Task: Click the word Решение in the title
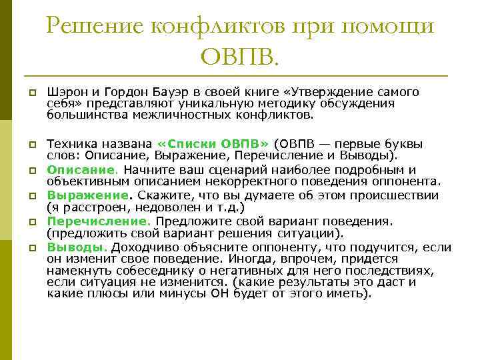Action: tap(95, 27)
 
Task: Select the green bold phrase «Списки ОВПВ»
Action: tap(213, 143)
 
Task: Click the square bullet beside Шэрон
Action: tap(32, 92)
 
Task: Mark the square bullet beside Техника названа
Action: tap(32, 143)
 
